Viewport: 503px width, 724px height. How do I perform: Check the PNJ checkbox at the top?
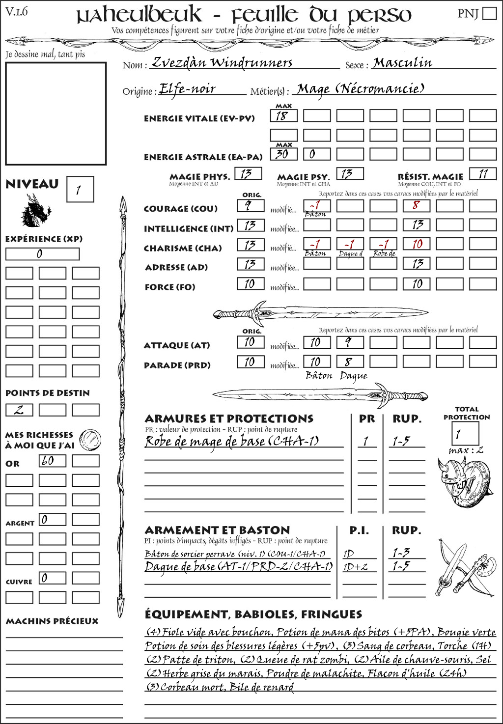(x=489, y=13)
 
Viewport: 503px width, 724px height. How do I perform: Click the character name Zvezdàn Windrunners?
(x=222, y=62)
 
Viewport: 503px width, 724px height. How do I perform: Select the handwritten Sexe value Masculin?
(x=402, y=62)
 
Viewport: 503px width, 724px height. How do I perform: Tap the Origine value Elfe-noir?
(x=188, y=88)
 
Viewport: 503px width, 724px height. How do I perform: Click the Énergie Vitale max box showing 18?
(x=283, y=116)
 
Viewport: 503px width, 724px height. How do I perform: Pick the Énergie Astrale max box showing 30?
(x=283, y=154)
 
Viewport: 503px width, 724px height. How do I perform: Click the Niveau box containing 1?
(x=80, y=190)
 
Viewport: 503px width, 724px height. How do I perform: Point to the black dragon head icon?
(x=36, y=210)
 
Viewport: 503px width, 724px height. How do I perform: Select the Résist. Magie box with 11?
(x=483, y=174)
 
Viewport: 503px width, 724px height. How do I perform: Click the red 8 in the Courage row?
(x=416, y=205)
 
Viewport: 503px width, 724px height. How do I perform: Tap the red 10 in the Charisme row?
(x=417, y=244)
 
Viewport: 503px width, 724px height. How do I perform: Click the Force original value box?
(x=251, y=284)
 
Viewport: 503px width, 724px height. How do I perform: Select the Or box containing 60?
(x=53, y=461)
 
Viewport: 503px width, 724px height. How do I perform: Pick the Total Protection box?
(x=465, y=433)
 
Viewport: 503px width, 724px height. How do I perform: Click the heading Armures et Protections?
(x=229, y=419)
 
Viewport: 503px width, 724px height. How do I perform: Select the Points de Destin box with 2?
(x=19, y=410)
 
